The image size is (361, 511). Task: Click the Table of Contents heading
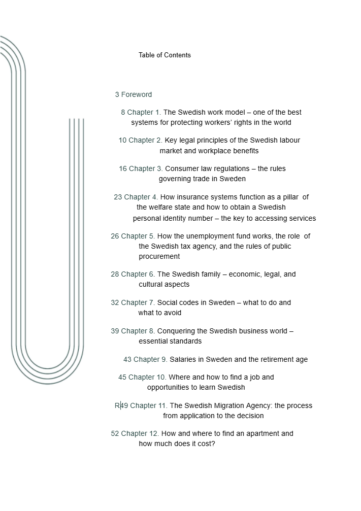(x=165, y=55)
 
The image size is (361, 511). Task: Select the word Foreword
(x=137, y=94)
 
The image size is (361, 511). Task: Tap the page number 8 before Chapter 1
(x=123, y=112)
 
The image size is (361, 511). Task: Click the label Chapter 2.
(x=146, y=140)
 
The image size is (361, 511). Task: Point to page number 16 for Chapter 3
(x=123, y=168)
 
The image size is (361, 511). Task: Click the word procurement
(x=159, y=256)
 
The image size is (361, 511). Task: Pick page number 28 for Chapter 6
(x=115, y=274)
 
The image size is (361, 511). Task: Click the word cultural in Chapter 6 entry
(x=151, y=284)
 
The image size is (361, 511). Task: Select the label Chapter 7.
(x=138, y=302)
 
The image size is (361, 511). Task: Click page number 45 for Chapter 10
(x=122, y=377)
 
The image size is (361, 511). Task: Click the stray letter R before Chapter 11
(x=117, y=405)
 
